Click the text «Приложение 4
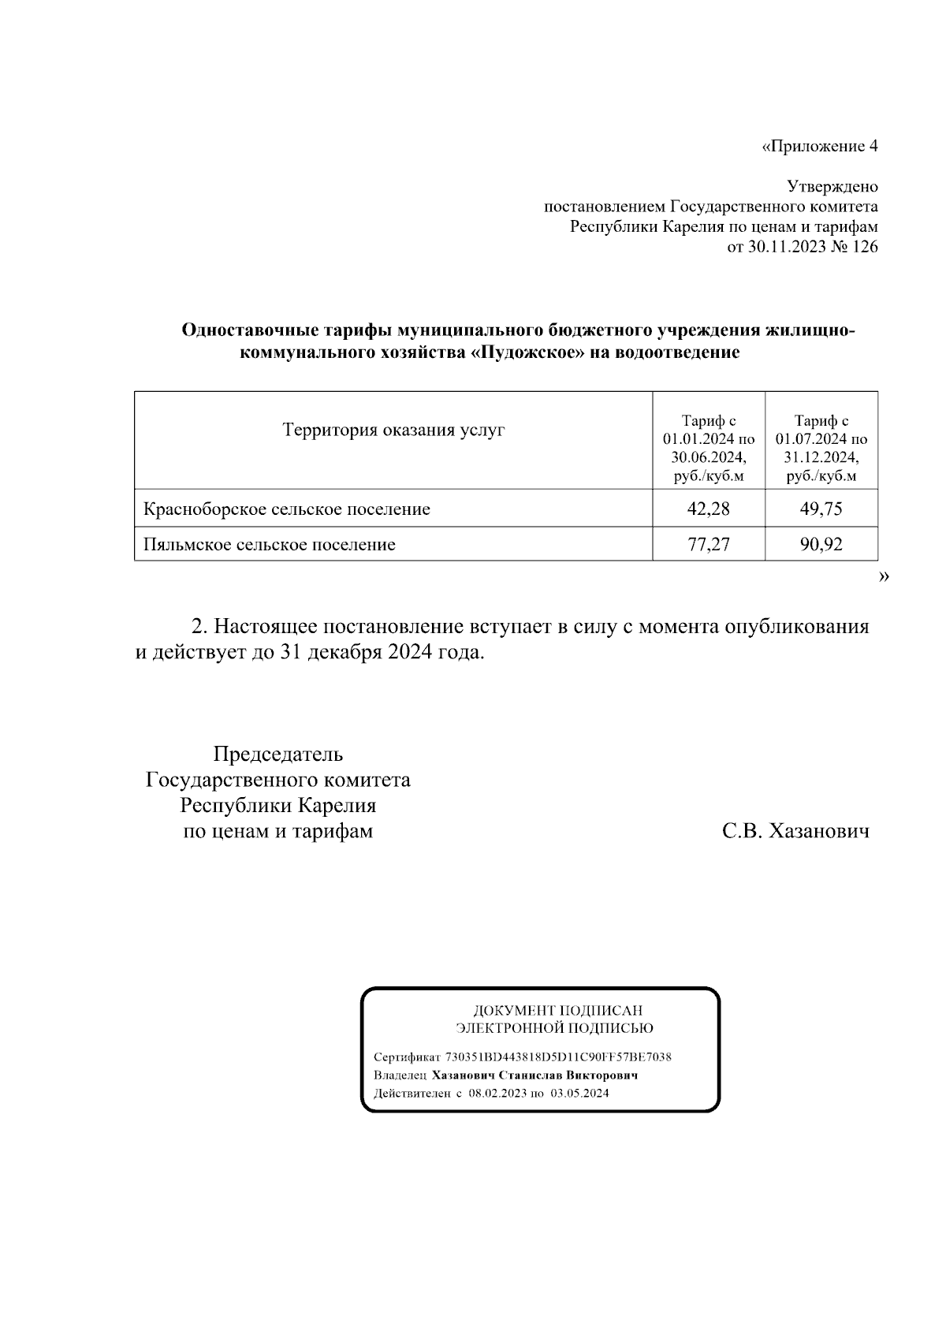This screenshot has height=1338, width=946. [820, 147]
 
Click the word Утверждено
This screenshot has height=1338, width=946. [832, 187]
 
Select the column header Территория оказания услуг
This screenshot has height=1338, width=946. [393, 430]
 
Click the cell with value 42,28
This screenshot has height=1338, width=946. [708, 509]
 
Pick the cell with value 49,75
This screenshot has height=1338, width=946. [821, 509]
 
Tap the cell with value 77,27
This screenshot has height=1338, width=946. [708, 544]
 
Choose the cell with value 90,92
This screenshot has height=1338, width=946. [821, 544]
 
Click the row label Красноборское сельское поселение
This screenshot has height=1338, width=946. [286, 509]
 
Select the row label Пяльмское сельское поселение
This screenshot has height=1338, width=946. [269, 545]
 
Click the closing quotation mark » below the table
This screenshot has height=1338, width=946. [883, 578]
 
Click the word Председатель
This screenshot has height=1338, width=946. [278, 755]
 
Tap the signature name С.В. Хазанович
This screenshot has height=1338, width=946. [795, 831]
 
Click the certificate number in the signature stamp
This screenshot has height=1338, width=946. [558, 1057]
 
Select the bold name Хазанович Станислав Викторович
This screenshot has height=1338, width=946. [534, 1075]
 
